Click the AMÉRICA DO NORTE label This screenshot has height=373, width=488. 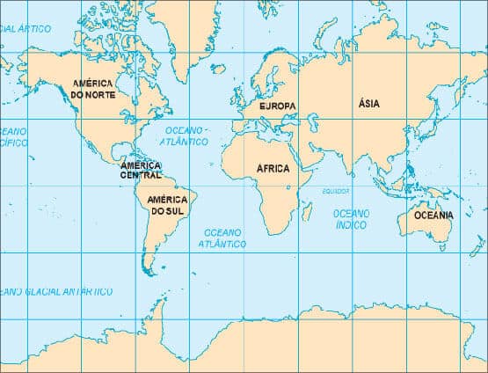pos(92,88)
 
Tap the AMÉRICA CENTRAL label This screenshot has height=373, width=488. pos(141,170)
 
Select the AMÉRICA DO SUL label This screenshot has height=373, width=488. pos(167,206)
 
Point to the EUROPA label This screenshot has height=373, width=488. pos(277,106)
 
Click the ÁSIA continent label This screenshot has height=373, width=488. pos(369,103)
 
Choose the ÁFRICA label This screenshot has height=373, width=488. pos(273,168)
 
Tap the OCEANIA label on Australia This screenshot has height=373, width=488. pos(434,215)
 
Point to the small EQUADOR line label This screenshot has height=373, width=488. pos(336,191)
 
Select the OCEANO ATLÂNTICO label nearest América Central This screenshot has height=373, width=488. pos(186,135)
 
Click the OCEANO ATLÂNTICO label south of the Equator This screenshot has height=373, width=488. pos(224,238)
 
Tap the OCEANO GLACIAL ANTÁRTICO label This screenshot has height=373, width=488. pos(56,290)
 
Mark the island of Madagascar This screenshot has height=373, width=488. pos(307,211)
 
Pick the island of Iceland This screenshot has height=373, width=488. pos(218,68)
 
